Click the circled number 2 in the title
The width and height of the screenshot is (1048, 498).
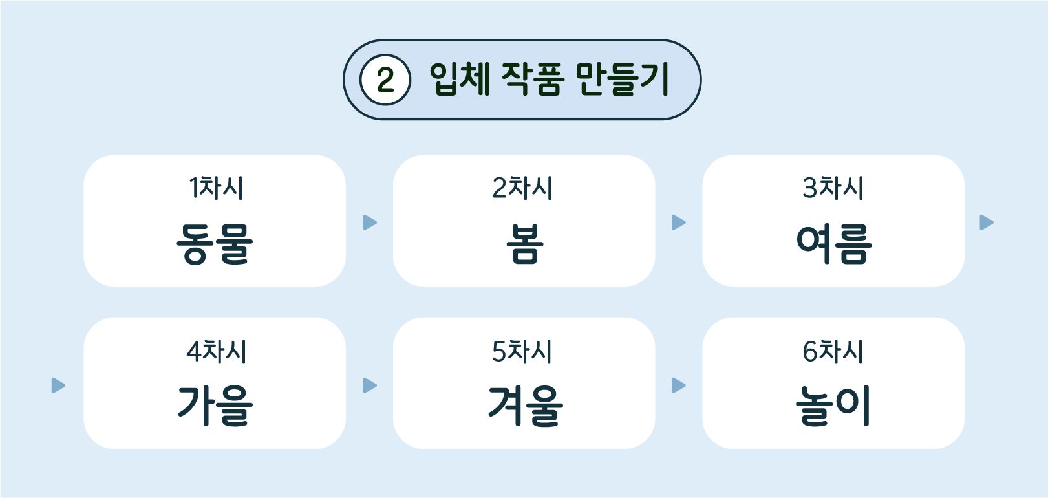(x=385, y=80)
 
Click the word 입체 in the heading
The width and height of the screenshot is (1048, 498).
(x=460, y=79)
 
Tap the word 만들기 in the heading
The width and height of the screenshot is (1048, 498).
(x=623, y=79)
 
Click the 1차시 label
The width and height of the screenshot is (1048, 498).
(x=216, y=188)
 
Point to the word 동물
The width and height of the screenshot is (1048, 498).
(x=215, y=244)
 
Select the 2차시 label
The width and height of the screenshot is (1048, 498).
(x=522, y=188)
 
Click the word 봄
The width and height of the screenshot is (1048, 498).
(x=525, y=244)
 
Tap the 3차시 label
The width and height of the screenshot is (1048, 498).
(x=833, y=188)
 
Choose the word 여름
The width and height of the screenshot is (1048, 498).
(x=834, y=244)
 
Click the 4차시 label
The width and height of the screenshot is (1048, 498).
(x=217, y=351)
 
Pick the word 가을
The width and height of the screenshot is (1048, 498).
(x=215, y=406)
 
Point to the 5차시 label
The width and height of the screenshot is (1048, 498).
(x=522, y=351)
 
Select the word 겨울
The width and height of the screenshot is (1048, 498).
(x=526, y=406)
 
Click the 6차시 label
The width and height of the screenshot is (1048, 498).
(x=833, y=351)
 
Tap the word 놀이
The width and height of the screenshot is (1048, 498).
(x=833, y=406)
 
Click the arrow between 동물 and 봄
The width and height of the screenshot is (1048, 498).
(x=370, y=222)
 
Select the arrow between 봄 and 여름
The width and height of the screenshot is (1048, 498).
(x=678, y=222)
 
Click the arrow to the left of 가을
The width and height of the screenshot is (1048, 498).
(x=58, y=385)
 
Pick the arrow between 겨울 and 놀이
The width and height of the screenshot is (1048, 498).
(x=678, y=385)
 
